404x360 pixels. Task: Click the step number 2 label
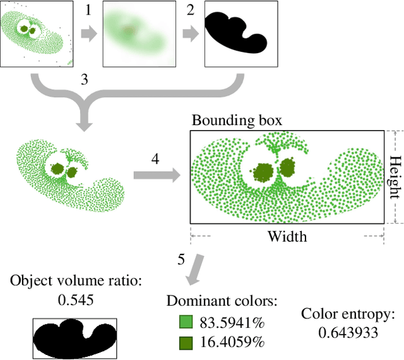click(190, 10)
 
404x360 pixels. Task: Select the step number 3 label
click(85, 80)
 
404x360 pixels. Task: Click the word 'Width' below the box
click(287, 237)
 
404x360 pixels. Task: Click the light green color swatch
click(186, 322)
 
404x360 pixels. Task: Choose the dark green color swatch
click(186, 342)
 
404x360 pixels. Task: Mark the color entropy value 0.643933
click(348, 332)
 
